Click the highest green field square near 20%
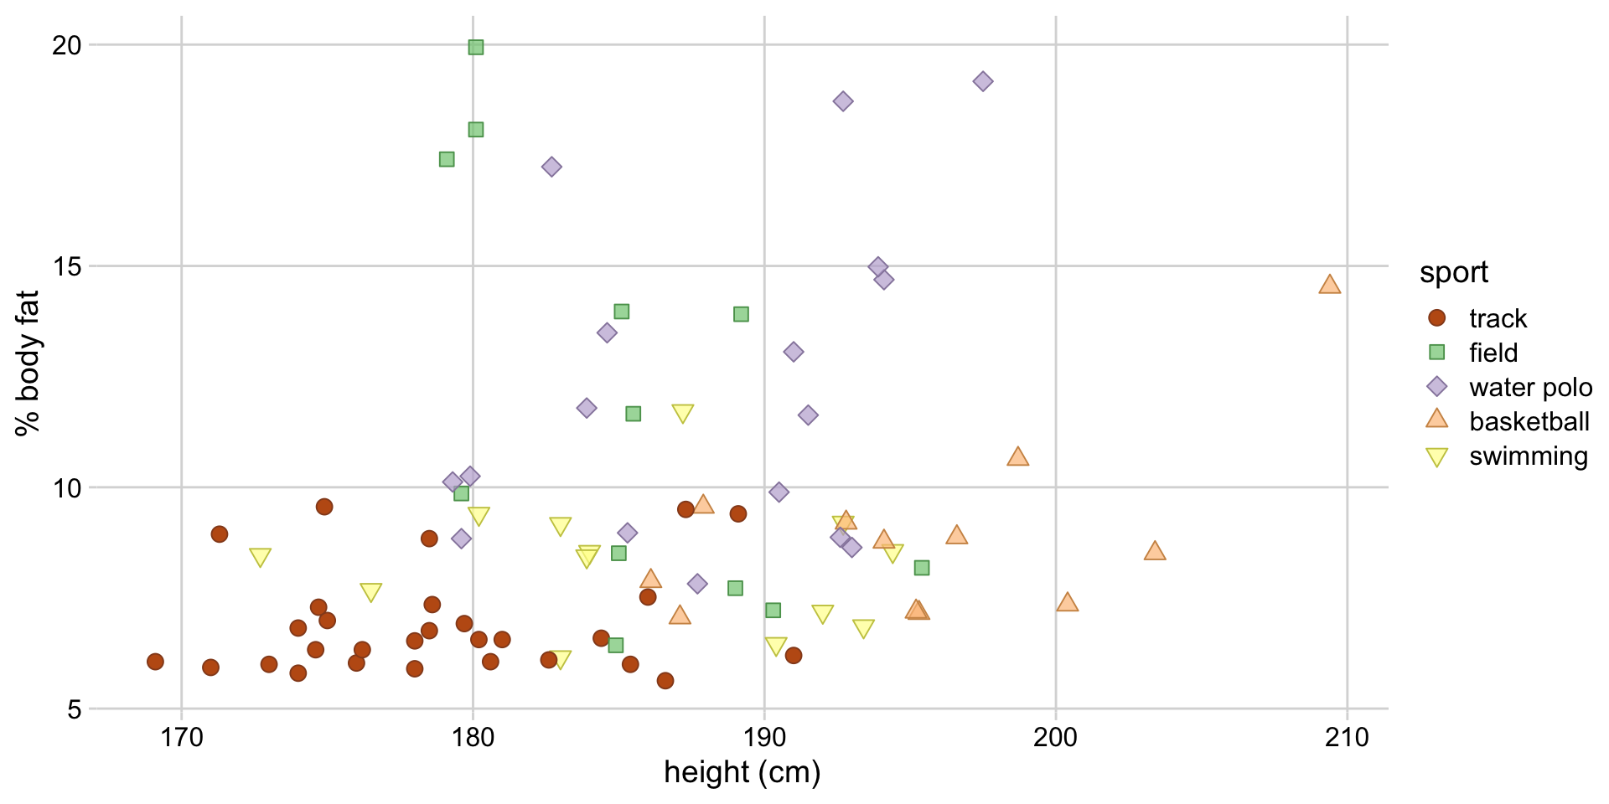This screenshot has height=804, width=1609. click(x=476, y=47)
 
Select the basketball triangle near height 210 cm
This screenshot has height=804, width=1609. click(x=1329, y=285)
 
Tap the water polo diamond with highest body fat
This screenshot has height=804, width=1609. click(x=983, y=81)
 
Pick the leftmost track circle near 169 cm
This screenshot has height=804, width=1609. click(x=155, y=662)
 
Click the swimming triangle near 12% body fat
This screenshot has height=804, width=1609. click(x=683, y=413)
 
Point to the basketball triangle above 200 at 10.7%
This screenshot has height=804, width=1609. click(x=1017, y=457)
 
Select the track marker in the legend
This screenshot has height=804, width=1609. click(x=1437, y=318)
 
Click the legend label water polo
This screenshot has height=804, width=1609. click(x=1530, y=387)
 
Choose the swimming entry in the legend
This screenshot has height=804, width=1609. click(x=1528, y=456)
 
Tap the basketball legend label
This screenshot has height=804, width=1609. click(x=1529, y=421)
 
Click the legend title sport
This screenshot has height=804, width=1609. click(x=1454, y=272)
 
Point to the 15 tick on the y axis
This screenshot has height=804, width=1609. click(x=67, y=266)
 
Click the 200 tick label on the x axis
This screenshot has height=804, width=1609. click(x=1055, y=737)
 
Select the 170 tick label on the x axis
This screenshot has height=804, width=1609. click(x=181, y=737)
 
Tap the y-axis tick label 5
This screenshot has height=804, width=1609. click(x=75, y=709)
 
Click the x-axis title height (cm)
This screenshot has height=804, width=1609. click(x=742, y=772)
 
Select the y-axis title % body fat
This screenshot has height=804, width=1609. click(x=27, y=363)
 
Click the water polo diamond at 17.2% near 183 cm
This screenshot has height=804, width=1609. click(x=551, y=167)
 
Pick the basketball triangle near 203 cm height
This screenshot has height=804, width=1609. click(x=1155, y=551)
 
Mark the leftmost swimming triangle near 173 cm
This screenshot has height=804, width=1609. click(x=260, y=557)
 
